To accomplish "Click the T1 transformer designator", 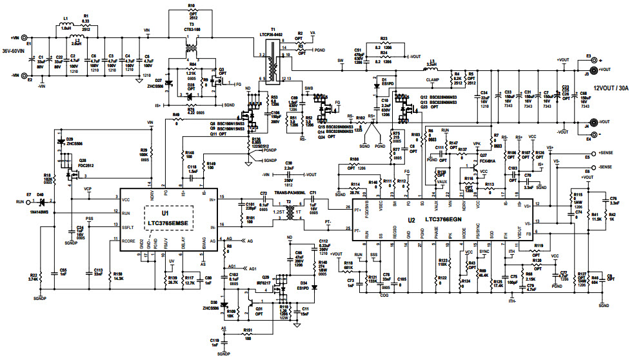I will (x=273, y=30).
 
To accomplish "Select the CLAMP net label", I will (x=433, y=79).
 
